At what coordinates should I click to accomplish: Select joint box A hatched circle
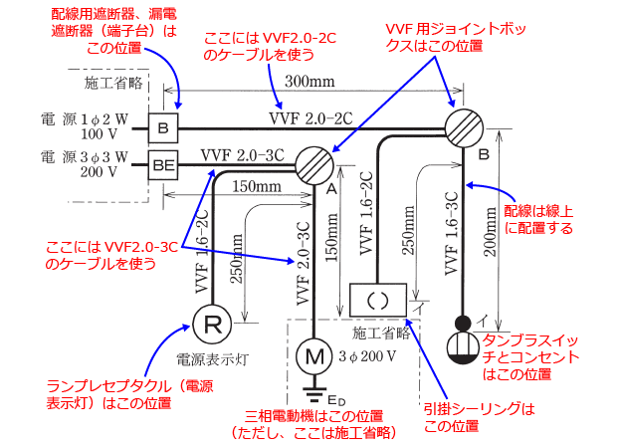coord(315,162)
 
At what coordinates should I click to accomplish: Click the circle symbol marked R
coord(212,323)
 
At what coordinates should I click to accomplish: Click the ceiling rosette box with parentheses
coord(375,298)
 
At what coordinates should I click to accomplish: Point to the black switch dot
coord(463,323)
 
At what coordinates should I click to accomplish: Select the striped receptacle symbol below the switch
coord(463,349)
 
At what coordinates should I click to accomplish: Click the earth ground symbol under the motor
coord(315,386)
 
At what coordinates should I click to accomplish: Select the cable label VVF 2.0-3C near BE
coord(242,154)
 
